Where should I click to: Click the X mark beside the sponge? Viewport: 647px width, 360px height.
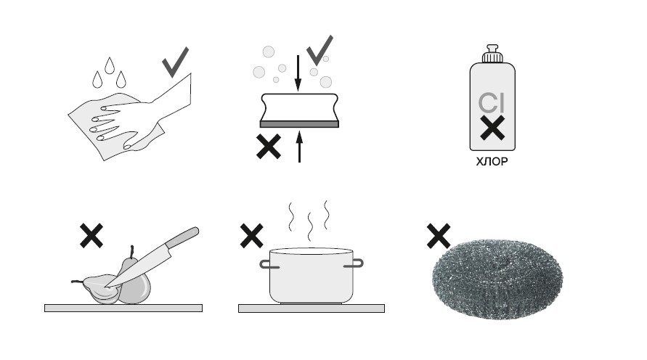[269, 147]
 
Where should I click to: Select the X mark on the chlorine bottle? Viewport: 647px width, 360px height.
[492, 128]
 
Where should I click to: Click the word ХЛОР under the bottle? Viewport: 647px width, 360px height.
[492, 162]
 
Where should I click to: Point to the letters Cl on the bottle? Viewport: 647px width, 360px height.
[492, 103]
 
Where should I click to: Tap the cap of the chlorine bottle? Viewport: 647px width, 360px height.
[492, 54]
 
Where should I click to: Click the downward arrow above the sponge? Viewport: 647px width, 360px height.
[298, 73]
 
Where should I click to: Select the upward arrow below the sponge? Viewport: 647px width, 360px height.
[300, 147]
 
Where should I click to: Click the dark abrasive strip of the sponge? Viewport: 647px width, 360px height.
[299, 124]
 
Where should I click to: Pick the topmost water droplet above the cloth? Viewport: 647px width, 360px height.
[110, 65]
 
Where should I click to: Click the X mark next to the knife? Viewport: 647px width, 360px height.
[91, 236]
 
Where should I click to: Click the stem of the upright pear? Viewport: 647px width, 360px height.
[132, 252]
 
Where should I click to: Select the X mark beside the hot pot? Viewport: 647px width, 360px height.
[251, 236]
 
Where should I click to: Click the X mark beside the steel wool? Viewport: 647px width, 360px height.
[439, 236]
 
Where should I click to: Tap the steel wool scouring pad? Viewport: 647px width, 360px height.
[497, 279]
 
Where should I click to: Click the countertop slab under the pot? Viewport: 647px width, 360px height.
[312, 308]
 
